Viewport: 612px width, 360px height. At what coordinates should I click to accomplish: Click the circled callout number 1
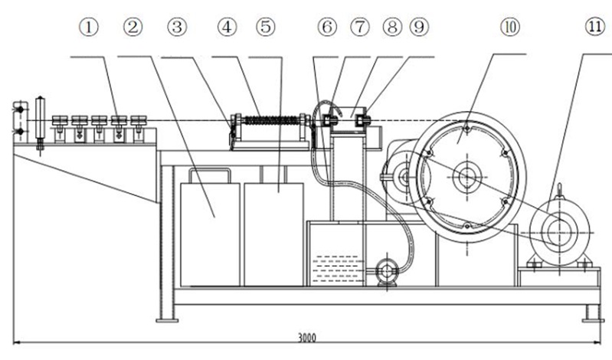click(x=89, y=28)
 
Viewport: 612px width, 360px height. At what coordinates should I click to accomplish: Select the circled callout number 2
click(x=133, y=28)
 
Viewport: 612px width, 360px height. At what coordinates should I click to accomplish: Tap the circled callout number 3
click(x=177, y=28)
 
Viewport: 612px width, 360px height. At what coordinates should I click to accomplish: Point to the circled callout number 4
click(x=227, y=28)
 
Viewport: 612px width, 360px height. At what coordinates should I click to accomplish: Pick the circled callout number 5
click(x=266, y=28)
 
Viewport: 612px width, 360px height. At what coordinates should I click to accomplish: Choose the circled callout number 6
click(x=327, y=28)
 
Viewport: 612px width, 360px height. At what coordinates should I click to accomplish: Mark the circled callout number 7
click(x=360, y=28)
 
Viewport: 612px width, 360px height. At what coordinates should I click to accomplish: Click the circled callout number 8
click(x=392, y=28)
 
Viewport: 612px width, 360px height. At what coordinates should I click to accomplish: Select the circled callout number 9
click(x=419, y=28)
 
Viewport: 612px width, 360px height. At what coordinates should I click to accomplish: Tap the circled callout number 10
click(x=511, y=28)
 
